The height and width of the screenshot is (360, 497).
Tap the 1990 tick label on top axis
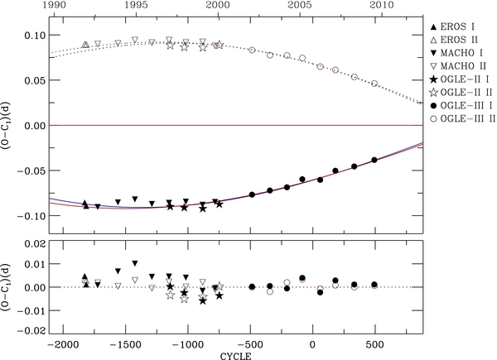tap(62, 7)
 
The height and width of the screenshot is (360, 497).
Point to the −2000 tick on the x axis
tap(62, 343)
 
